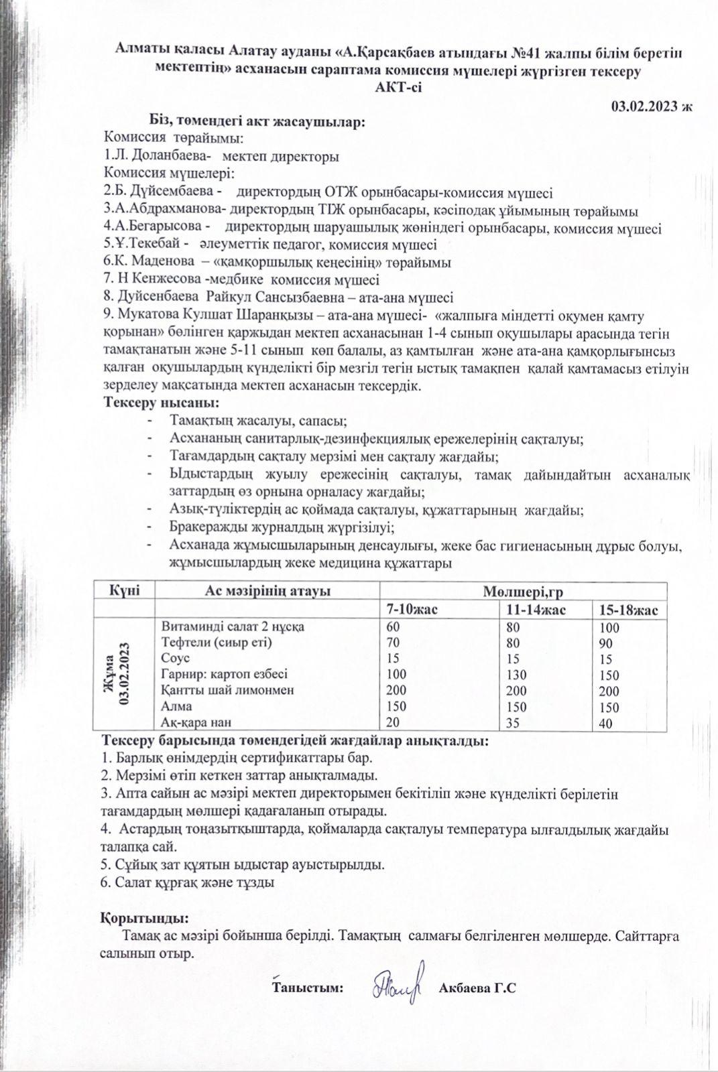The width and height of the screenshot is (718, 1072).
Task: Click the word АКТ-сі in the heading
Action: [399, 86]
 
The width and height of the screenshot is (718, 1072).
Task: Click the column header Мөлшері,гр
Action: [522, 592]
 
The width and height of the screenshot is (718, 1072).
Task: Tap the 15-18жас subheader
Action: [629, 610]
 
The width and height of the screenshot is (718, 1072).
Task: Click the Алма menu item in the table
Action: [178, 706]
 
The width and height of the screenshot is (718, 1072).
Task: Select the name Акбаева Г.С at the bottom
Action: [477, 988]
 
